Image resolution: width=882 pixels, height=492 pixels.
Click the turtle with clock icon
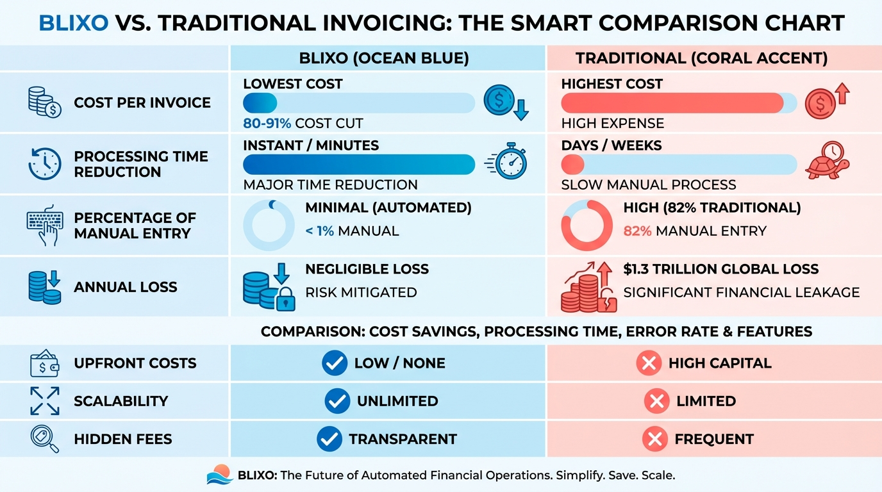point(828,161)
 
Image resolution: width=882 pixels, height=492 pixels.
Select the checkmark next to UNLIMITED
point(337,401)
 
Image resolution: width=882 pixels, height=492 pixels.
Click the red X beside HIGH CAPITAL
point(649,363)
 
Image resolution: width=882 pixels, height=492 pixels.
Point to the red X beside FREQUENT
point(654,439)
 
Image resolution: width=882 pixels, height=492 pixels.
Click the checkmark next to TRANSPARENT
point(329,439)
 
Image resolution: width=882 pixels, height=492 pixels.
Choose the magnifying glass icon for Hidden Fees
point(44,439)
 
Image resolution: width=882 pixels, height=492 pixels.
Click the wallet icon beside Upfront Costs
point(44,363)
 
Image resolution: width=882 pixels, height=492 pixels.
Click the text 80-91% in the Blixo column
point(267,123)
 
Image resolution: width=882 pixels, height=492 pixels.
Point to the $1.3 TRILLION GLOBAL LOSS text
point(721,269)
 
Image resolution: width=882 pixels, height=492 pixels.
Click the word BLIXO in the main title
point(74,22)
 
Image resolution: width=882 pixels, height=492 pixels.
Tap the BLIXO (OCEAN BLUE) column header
point(384,58)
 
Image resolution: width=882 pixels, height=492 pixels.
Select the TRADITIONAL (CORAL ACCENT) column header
point(701,58)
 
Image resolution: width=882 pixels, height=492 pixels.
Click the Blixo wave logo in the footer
point(220,475)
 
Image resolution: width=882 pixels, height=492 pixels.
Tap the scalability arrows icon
point(44,401)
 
